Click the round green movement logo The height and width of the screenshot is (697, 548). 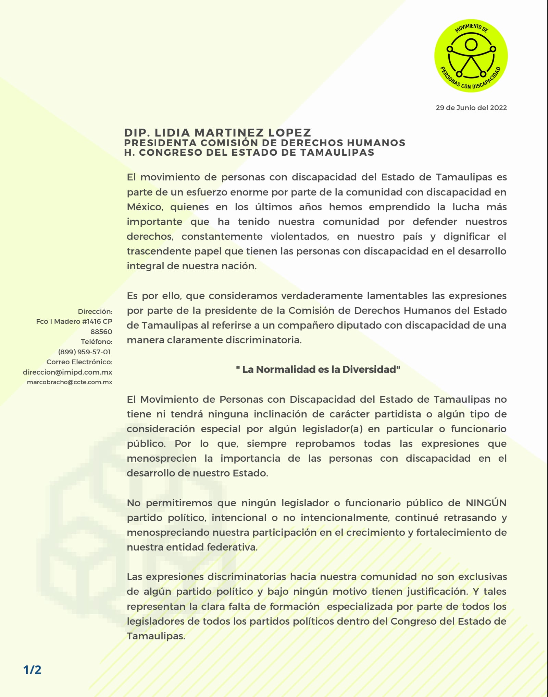point(471,56)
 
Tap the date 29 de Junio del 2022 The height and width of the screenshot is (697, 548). point(471,108)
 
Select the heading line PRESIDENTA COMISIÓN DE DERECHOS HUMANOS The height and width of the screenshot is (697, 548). point(264,143)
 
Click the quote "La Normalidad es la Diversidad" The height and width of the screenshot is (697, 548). point(318,369)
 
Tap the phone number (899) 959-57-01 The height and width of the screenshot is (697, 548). point(84,352)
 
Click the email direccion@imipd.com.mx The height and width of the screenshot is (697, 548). point(67,372)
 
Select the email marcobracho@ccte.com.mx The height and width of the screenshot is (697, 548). point(70,382)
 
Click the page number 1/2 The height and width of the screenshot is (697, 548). point(32,670)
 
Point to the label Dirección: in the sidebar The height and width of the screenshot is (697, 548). point(95,311)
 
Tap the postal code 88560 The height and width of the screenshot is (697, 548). point(101,332)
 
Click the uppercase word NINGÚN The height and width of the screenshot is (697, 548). point(486,503)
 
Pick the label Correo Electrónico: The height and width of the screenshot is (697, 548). point(79,362)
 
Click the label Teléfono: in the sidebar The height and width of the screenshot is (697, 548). point(96,342)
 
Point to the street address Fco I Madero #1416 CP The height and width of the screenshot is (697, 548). point(74,321)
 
